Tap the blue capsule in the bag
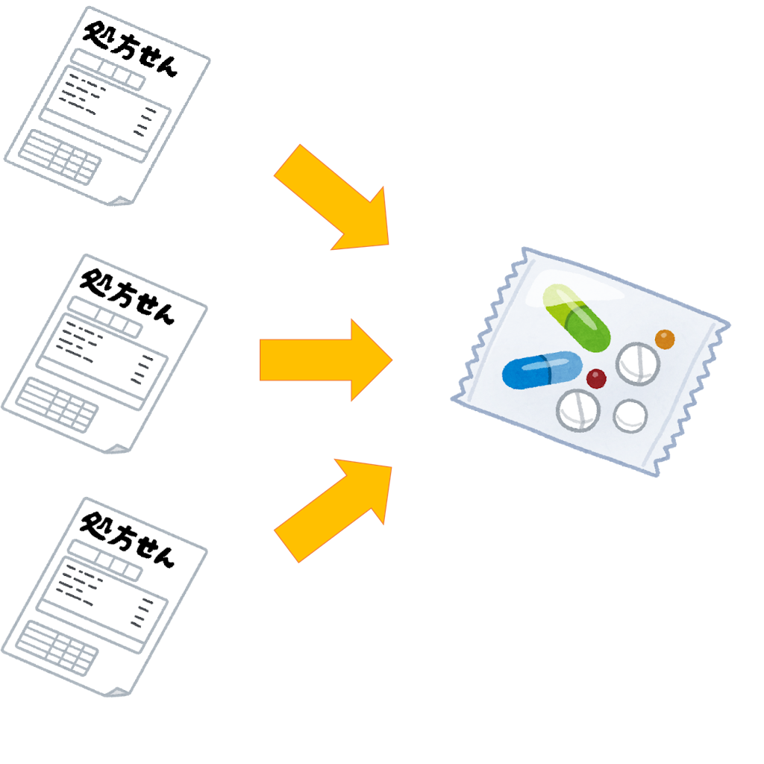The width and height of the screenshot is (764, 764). click(x=542, y=371)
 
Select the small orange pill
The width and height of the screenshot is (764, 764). click(x=665, y=339)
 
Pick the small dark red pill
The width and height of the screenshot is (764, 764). click(x=596, y=379)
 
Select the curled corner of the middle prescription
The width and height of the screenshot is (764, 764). click(x=116, y=448)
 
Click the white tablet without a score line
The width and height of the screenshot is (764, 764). click(x=630, y=416)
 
